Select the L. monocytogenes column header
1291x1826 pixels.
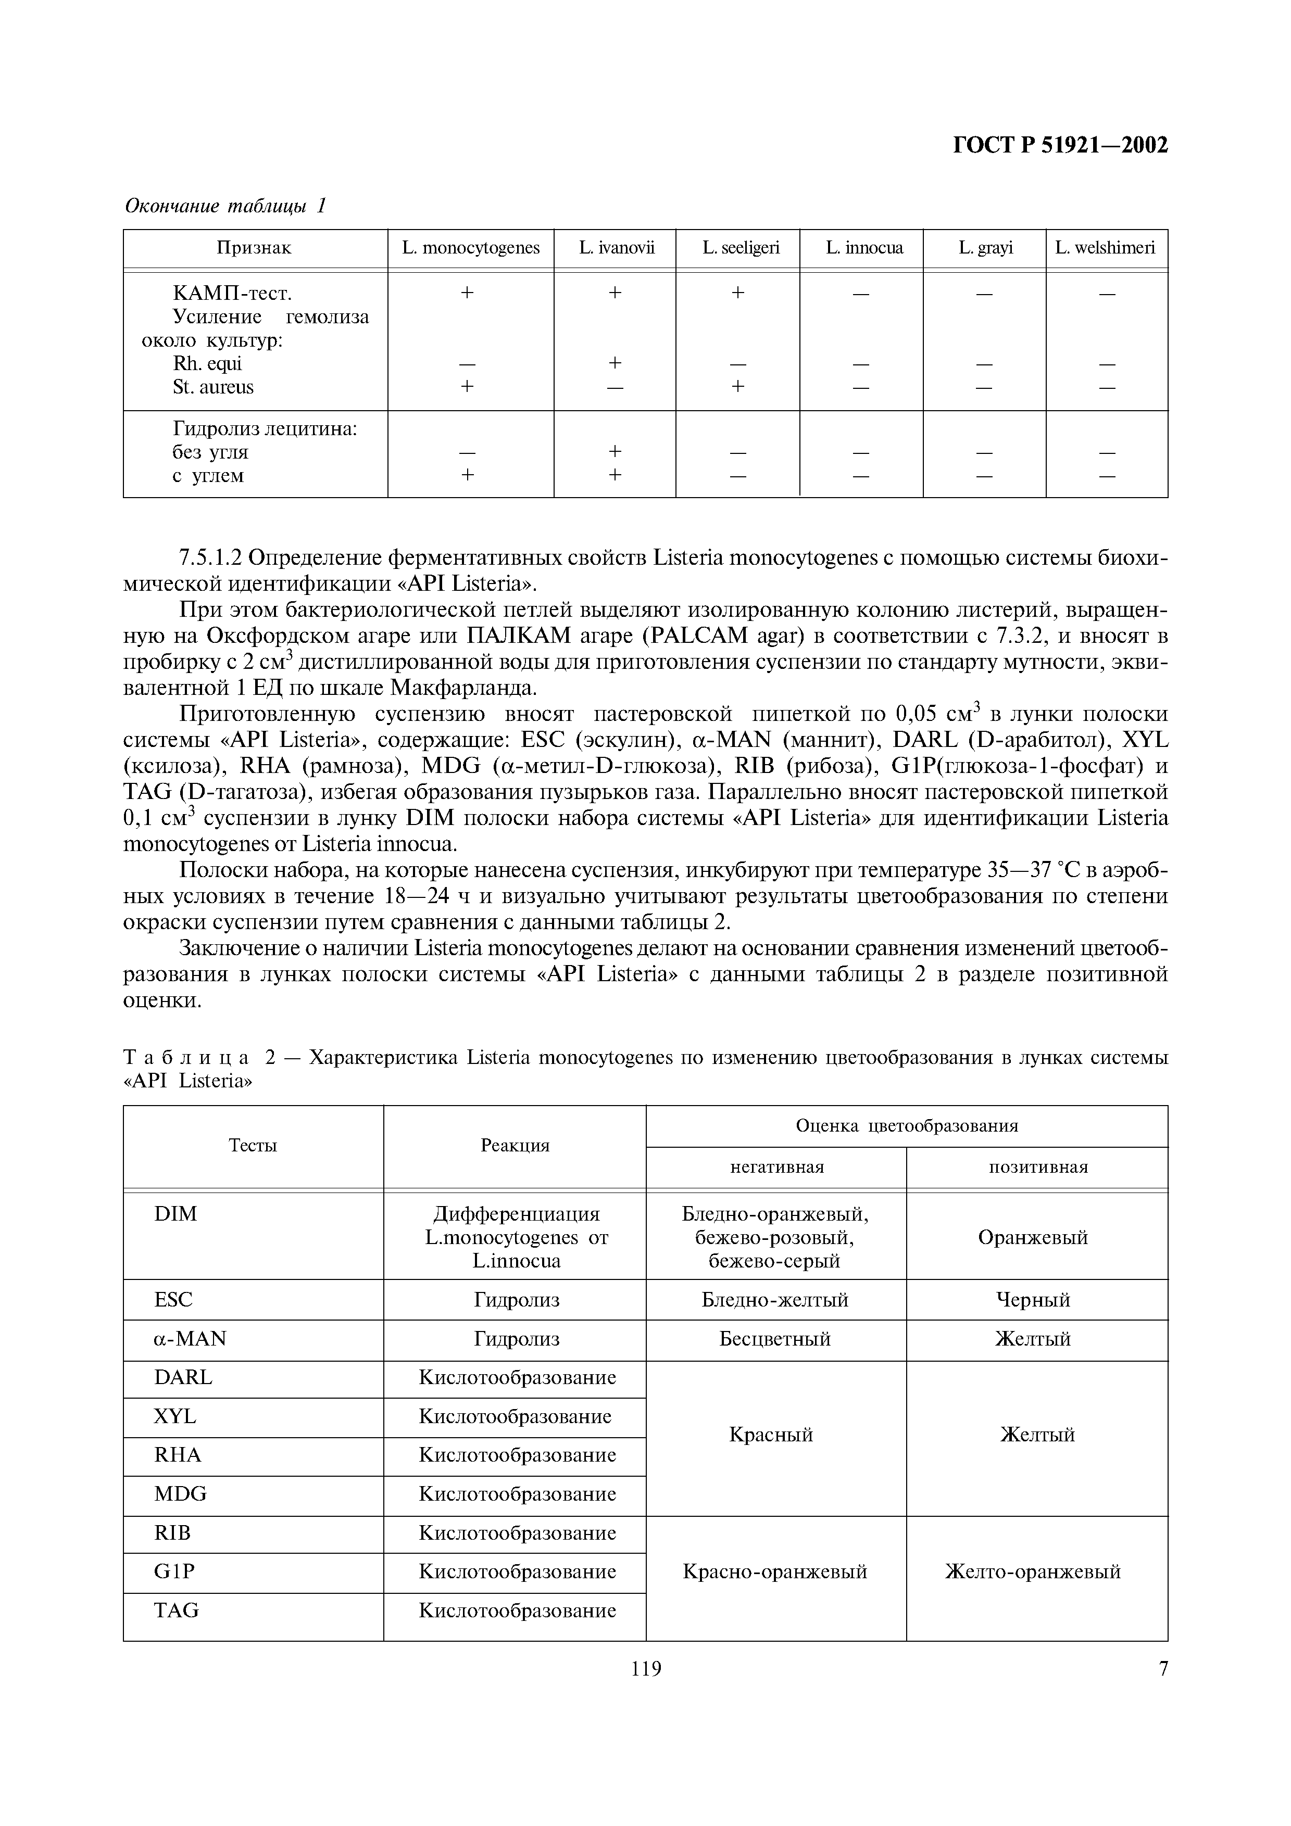470,248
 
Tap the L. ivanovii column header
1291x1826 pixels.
615,248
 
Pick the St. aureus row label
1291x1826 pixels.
213,387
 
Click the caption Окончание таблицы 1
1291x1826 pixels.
227,206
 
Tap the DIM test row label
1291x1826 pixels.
176,1214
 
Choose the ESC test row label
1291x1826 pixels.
173,1300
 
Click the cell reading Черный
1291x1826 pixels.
1033,1300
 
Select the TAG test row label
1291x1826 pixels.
177,1611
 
